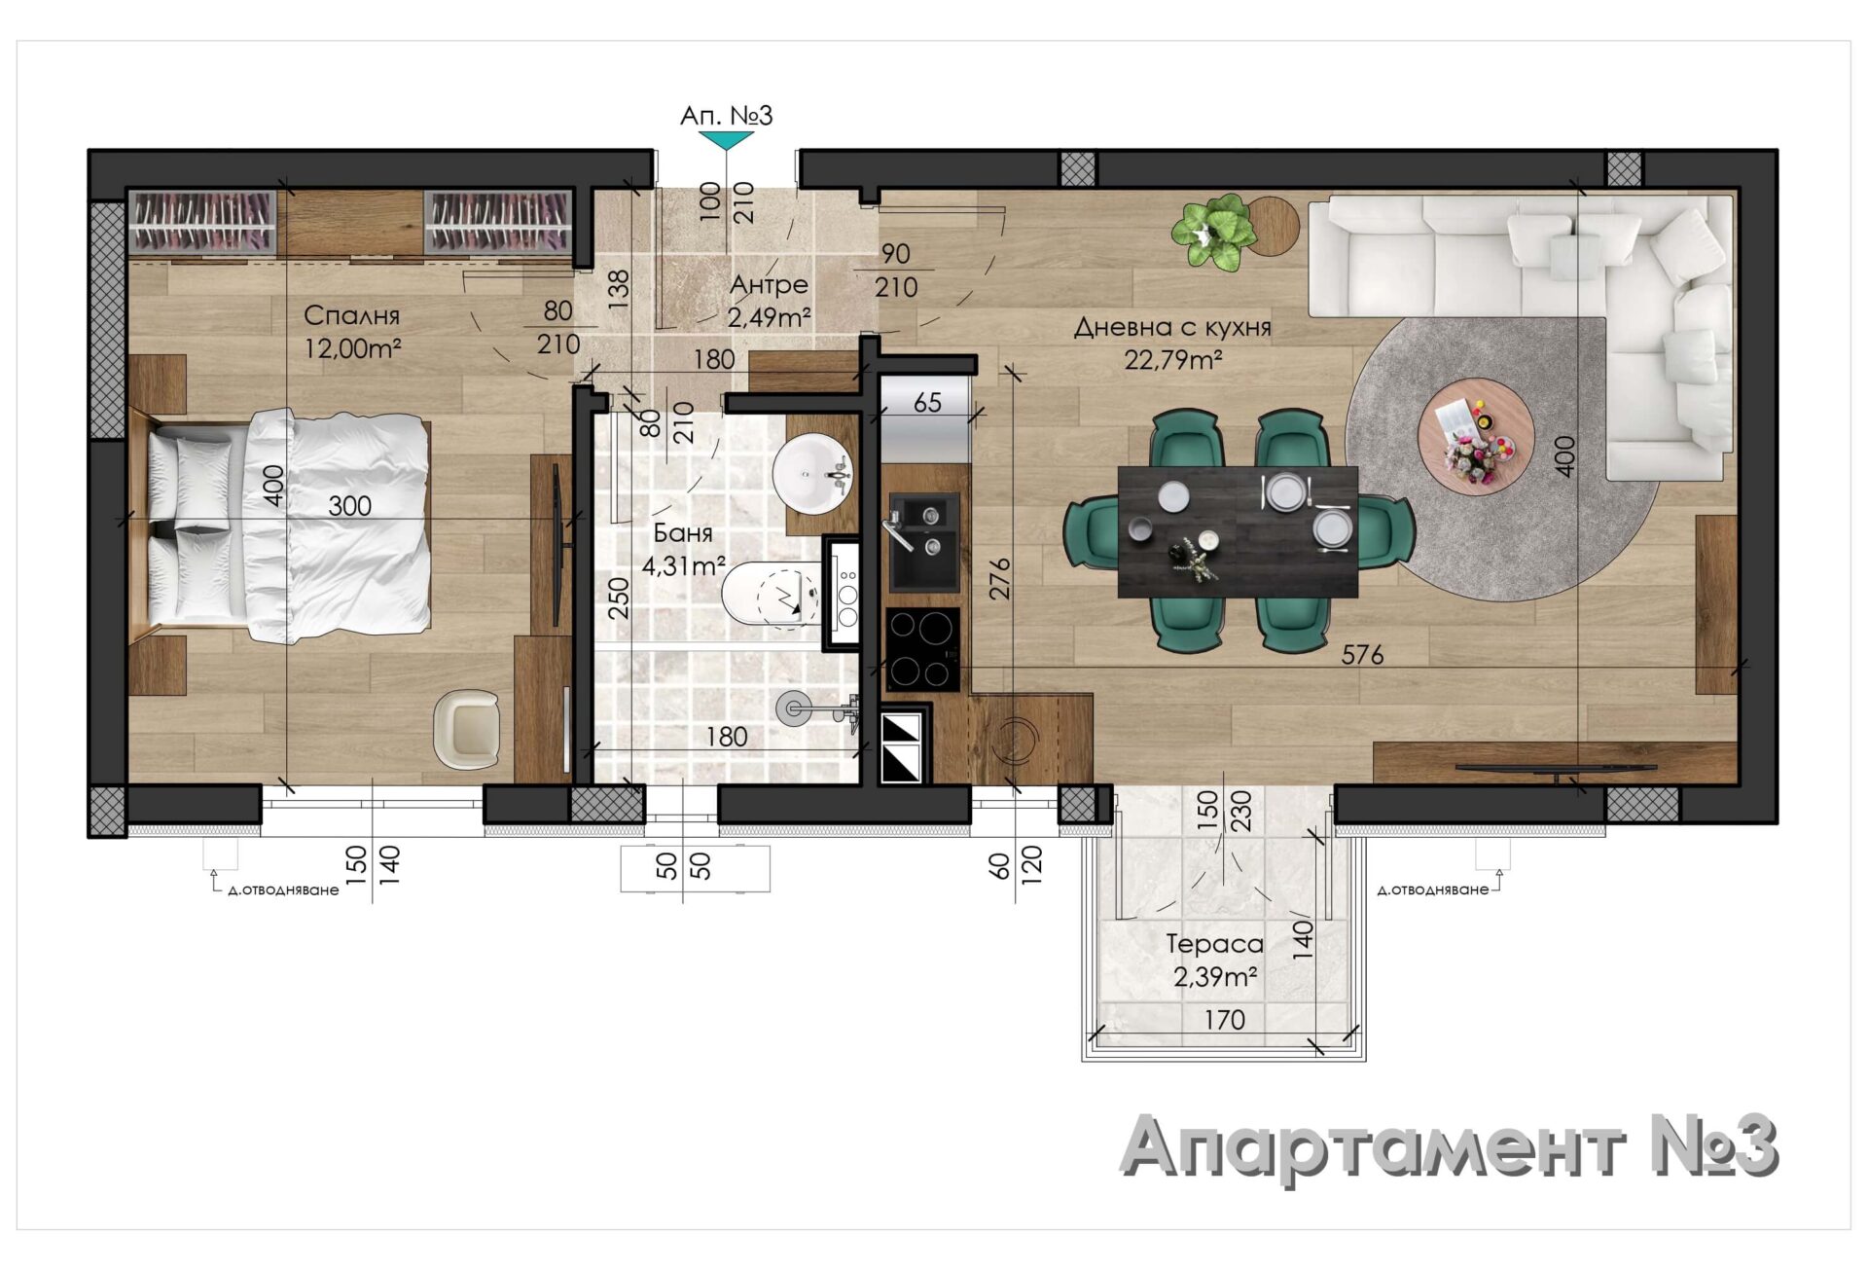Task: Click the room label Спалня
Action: pyautogui.click(x=351, y=315)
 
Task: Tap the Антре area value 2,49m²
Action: pyautogui.click(x=769, y=317)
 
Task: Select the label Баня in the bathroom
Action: pyautogui.click(x=682, y=533)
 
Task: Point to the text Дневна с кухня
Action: pyautogui.click(x=1172, y=327)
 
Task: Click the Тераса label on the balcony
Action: pyautogui.click(x=1214, y=943)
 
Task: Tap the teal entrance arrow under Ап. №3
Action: pyautogui.click(x=727, y=140)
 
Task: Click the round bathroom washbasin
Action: pyautogui.click(x=809, y=474)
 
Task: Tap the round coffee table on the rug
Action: pyautogui.click(x=1475, y=436)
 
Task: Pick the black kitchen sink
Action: pyautogui.click(x=923, y=542)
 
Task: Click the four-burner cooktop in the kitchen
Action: pyautogui.click(x=922, y=649)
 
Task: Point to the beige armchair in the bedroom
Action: pyautogui.click(x=467, y=728)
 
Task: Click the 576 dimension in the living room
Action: pyautogui.click(x=1362, y=655)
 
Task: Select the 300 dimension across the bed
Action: pyautogui.click(x=349, y=506)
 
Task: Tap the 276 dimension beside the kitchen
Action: pyautogui.click(x=999, y=578)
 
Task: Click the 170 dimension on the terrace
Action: pyautogui.click(x=1224, y=1020)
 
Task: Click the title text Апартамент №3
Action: pyautogui.click(x=1449, y=1147)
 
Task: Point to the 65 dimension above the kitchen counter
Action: pyautogui.click(x=927, y=403)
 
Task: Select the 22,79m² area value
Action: pyautogui.click(x=1173, y=360)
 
